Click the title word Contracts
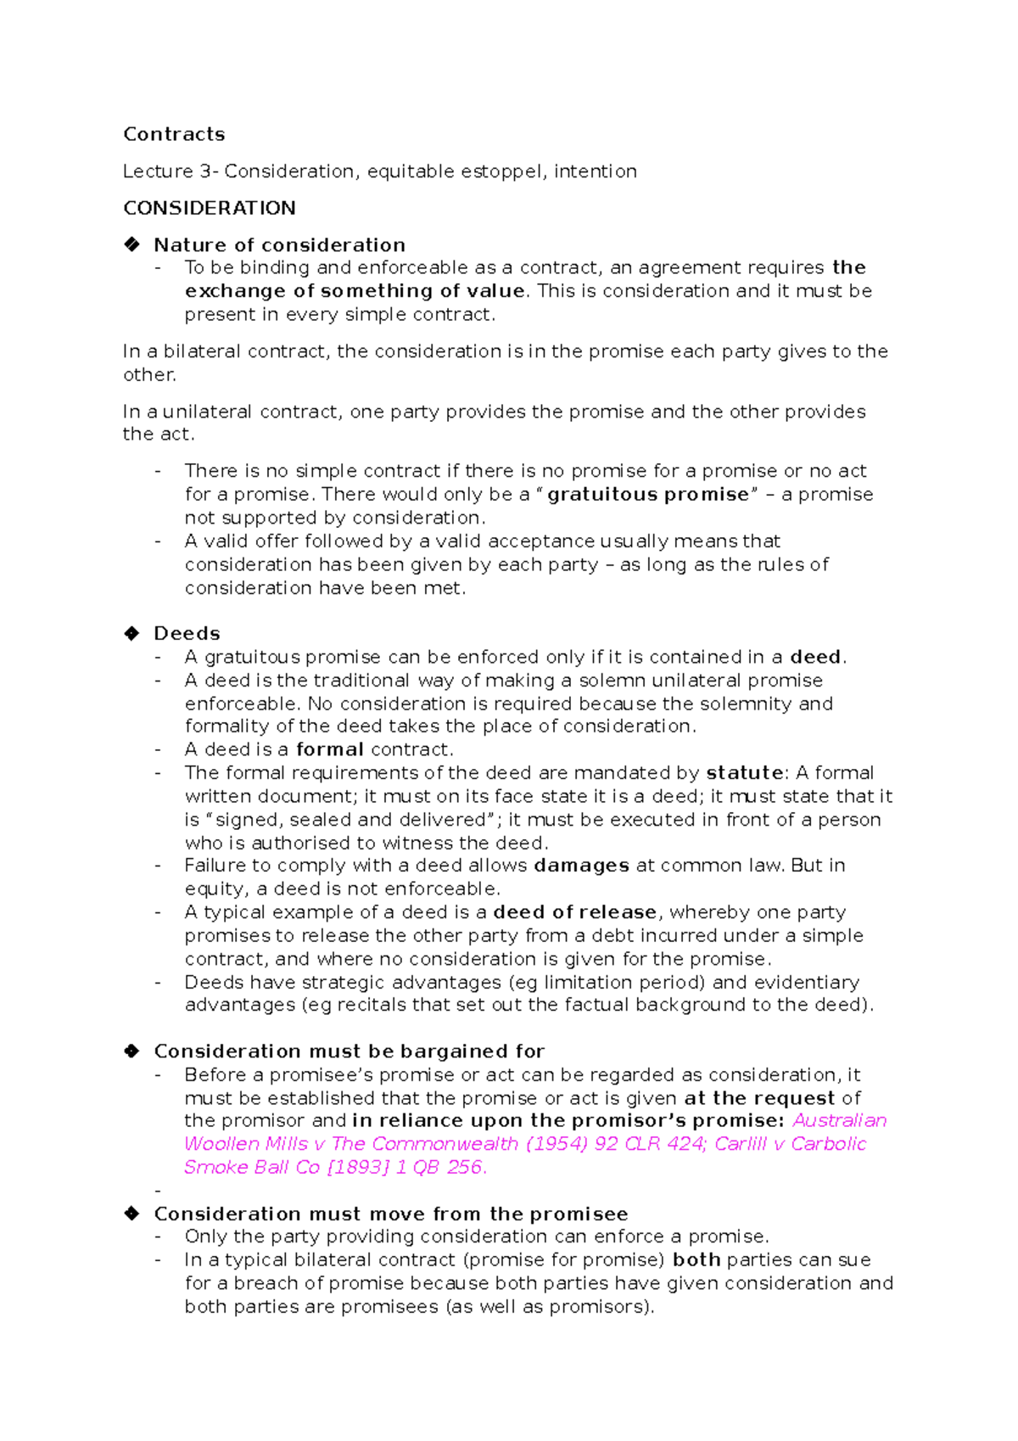[x=174, y=134]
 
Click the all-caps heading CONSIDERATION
[x=210, y=208]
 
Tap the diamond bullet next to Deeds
[x=131, y=633]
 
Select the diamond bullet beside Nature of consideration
[x=131, y=244]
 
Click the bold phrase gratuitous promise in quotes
[x=648, y=495]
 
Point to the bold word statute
[x=744, y=773]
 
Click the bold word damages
[x=581, y=866]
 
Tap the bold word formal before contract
[x=329, y=749]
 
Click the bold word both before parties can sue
[x=696, y=1260]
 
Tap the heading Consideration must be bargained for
[x=349, y=1051]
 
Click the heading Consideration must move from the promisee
[x=390, y=1214]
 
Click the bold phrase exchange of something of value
[x=355, y=291]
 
